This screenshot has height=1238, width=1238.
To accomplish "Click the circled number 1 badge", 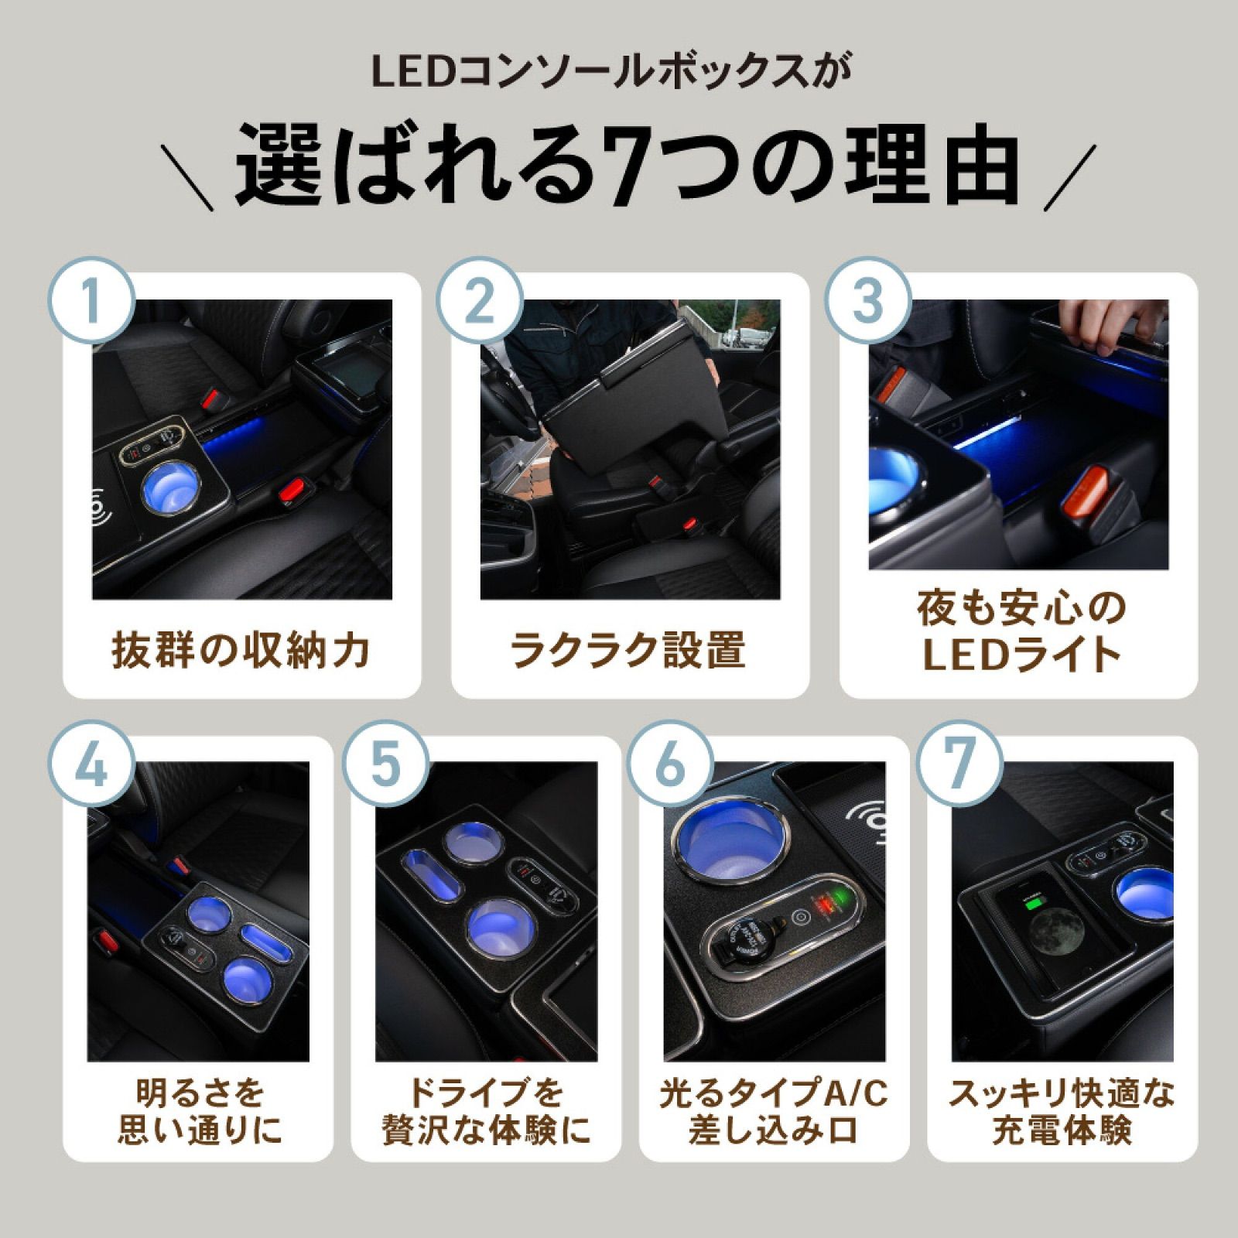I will point(92,300).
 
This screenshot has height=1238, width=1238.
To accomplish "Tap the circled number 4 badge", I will point(92,764).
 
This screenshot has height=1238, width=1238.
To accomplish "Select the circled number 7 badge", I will point(959,764).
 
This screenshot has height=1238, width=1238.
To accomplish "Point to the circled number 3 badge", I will point(867,300).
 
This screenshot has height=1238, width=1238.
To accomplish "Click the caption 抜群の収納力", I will point(241,650).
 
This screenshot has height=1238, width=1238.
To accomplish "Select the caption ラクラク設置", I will point(628,650).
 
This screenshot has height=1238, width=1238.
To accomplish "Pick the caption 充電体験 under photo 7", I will point(1062,1130).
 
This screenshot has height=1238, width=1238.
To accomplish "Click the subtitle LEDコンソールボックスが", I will point(610,72).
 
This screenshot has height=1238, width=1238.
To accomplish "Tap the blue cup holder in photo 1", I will point(172,486).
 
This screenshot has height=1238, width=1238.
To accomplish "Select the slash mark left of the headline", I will point(191,177).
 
